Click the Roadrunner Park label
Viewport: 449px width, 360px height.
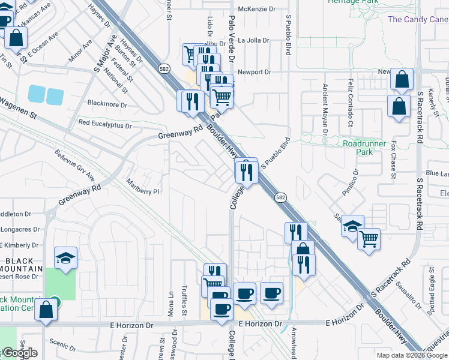pyautogui.click(x=366, y=148)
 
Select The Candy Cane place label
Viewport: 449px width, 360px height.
pyautogui.click(x=418, y=19)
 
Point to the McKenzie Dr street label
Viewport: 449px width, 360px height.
pyautogui.click(x=256, y=9)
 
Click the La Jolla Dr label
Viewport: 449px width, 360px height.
pyautogui.click(x=255, y=41)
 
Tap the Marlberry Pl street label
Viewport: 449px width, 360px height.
pyautogui.click(x=143, y=187)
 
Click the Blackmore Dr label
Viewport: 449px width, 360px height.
pyautogui.click(x=107, y=104)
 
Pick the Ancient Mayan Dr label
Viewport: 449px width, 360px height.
pyautogui.click(x=325, y=108)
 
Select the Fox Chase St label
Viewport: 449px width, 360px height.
pyautogui.click(x=394, y=160)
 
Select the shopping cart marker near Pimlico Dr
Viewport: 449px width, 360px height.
pyautogui.click(x=369, y=239)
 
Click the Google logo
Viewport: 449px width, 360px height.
pyautogui.click(x=19, y=353)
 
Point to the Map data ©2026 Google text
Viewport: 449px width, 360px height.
pyautogui.click(x=412, y=355)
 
